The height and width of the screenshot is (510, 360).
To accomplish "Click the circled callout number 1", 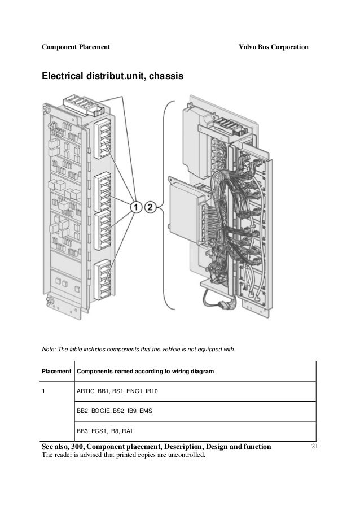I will coord(136,207).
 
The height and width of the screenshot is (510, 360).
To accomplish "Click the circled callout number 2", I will coord(150,207).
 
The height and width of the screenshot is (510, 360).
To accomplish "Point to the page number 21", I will coord(315,447).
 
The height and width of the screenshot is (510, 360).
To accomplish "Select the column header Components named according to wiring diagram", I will coord(144,372).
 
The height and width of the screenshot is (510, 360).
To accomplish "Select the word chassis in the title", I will coord(166,75).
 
